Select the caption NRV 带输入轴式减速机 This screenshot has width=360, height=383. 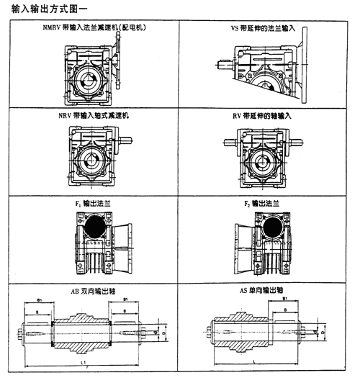(x=93, y=115)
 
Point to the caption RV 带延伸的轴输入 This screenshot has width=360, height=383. (x=262, y=115)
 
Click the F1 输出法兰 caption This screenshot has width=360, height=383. (x=93, y=203)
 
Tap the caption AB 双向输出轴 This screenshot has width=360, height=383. (x=93, y=292)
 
